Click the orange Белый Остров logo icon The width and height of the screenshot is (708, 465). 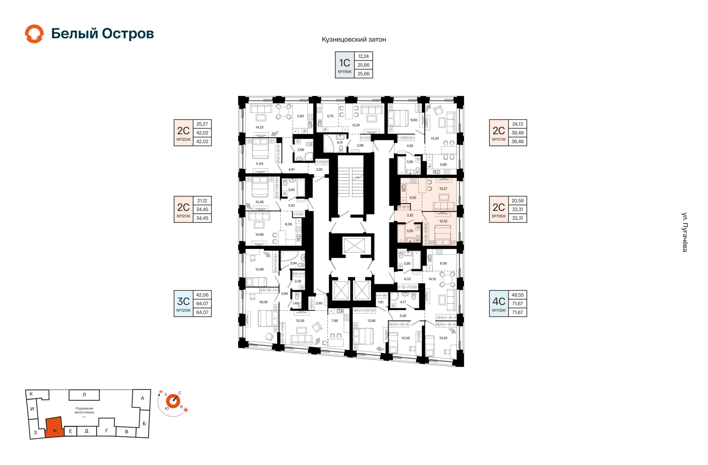point(34,34)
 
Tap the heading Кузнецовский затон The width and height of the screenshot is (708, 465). point(354,39)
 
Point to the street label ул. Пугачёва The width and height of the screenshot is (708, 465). point(684,232)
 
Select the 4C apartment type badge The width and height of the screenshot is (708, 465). point(499,304)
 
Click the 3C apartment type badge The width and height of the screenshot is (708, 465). point(184,304)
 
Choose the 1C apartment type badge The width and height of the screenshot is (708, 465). point(344,65)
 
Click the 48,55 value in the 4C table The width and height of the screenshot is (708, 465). point(518,295)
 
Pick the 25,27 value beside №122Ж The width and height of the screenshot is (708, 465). point(202,124)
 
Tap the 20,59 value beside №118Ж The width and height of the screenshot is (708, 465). point(518,201)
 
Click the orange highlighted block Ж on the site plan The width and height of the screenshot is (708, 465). point(54,428)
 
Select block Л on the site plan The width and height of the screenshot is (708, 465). point(84,395)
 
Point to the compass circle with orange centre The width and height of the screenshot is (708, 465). point(173,401)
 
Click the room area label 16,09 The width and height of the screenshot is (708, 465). point(263,302)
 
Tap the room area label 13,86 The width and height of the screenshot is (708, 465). point(371,321)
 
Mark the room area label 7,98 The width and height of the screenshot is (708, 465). point(334,321)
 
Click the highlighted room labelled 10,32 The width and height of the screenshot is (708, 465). point(441,228)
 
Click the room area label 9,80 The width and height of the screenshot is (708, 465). point(414,120)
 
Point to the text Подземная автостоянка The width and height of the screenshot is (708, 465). point(84,410)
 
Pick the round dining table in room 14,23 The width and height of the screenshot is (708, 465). point(284,111)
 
